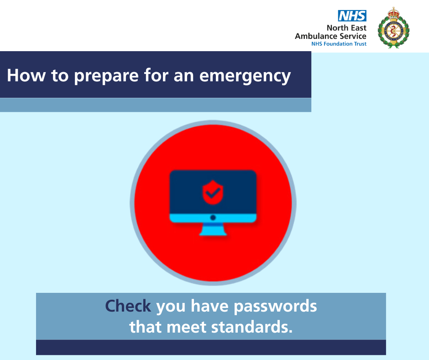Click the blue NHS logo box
click(x=352, y=16)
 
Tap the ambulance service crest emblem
click(x=393, y=28)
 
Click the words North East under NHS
click(x=346, y=28)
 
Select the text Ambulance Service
click(x=330, y=36)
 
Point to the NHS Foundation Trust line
click(x=339, y=44)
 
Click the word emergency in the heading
click(x=245, y=76)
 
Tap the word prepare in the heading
click(x=106, y=76)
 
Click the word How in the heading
click(x=26, y=75)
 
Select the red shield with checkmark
click(x=213, y=192)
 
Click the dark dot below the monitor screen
click(x=213, y=218)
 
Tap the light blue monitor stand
click(x=213, y=230)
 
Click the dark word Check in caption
click(x=128, y=306)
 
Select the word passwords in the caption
click(x=275, y=307)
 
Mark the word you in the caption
click(x=171, y=307)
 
